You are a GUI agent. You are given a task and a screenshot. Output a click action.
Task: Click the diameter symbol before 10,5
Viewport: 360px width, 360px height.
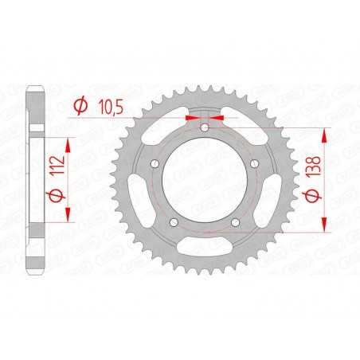click(x=80, y=104)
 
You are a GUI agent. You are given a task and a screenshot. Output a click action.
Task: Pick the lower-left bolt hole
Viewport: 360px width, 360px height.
click(x=174, y=222)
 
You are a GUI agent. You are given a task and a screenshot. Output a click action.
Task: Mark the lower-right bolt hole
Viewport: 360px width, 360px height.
click(x=236, y=222)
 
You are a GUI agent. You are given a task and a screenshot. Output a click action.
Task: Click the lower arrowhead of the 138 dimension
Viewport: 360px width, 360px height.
click(x=325, y=225)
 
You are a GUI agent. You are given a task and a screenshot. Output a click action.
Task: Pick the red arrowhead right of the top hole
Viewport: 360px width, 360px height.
click(x=218, y=116)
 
